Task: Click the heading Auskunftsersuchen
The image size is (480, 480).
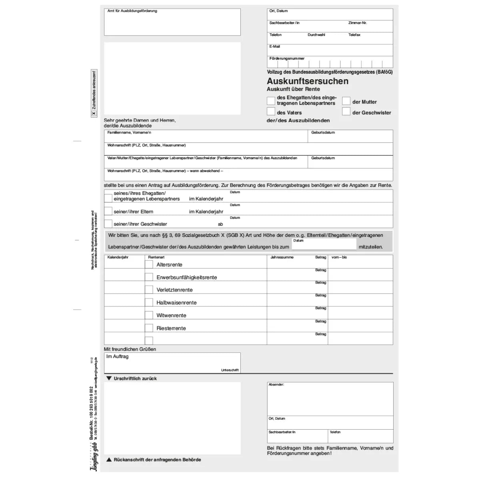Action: tap(307, 81)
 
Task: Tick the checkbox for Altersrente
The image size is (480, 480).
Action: tap(149, 264)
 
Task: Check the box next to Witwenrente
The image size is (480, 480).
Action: tap(149, 315)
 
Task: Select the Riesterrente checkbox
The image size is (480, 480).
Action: tap(149, 328)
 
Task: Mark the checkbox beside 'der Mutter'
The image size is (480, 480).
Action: tap(346, 101)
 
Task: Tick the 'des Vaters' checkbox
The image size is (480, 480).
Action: tap(271, 111)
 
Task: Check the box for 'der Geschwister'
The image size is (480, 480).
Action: tap(346, 111)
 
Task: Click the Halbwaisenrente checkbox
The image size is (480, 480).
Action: tap(149, 302)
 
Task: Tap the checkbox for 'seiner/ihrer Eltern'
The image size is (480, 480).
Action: tap(108, 211)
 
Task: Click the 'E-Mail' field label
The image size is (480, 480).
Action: tap(274, 46)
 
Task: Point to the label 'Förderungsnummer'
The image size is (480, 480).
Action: tap(287, 58)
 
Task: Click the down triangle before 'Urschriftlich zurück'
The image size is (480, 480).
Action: tap(109, 378)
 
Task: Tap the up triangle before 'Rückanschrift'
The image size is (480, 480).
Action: tap(109, 460)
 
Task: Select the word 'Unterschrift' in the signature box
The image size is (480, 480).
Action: tap(230, 370)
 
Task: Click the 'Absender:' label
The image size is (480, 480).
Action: tap(276, 384)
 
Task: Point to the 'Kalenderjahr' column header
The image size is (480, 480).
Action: tap(118, 257)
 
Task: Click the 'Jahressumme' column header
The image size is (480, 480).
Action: tap(282, 257)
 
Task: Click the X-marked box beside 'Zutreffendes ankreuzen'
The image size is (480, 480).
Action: tap(94, 114)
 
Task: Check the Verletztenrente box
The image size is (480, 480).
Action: tap(149, 290)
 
